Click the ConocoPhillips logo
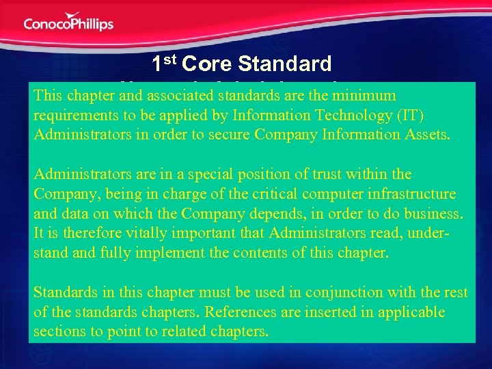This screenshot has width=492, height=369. [68, 22]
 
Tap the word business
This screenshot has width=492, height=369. [434, 213]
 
